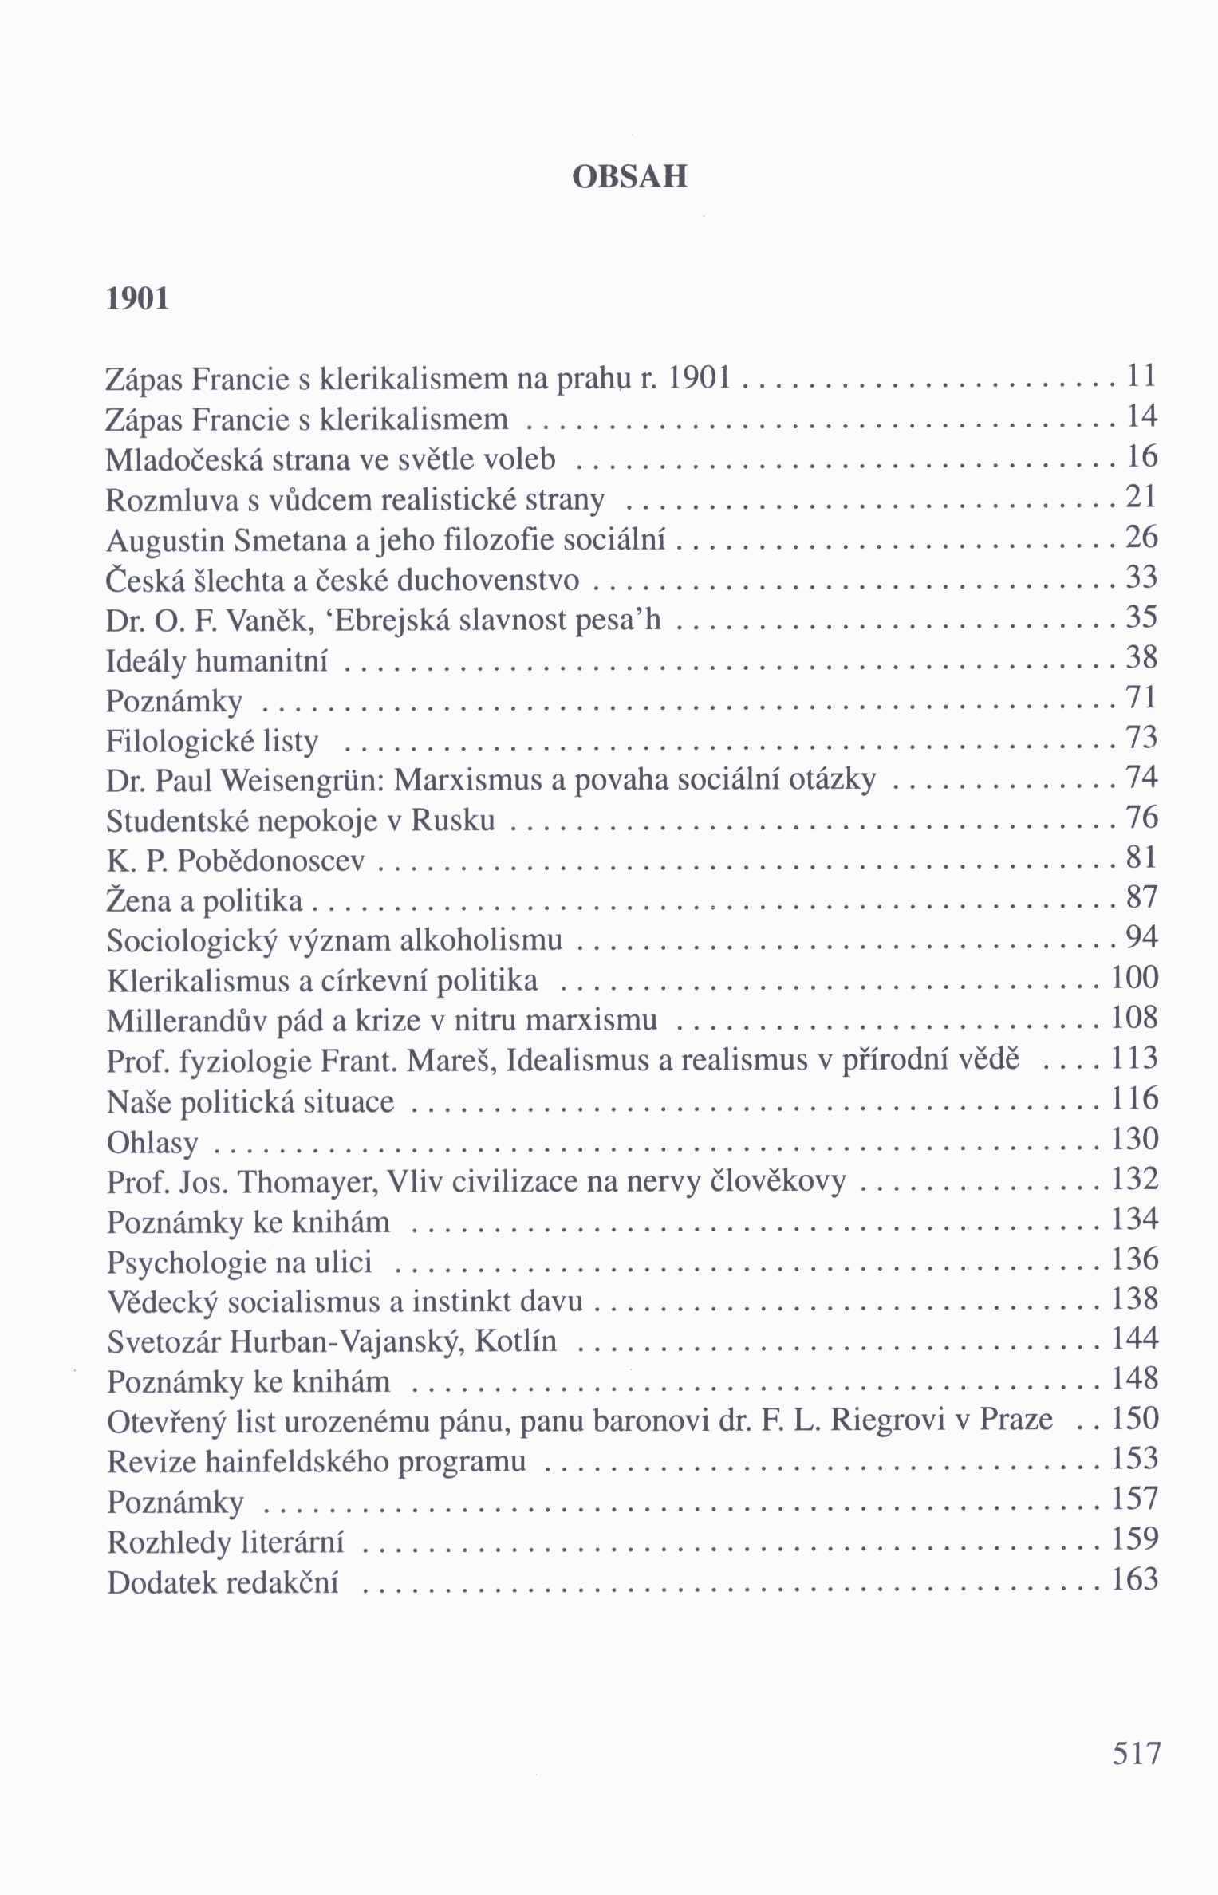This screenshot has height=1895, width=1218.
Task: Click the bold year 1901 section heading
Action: click(x=138, y=298)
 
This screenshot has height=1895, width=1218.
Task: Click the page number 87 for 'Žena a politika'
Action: click(x=1141, y=898)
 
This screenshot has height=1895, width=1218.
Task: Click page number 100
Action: click(x=1134, y=979)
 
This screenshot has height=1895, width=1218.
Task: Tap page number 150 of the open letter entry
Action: click(x=1134, y=1419)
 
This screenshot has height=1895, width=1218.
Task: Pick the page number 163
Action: click(x=1134, y=1579)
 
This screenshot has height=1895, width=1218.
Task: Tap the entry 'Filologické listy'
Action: click(x=212, y=742)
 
